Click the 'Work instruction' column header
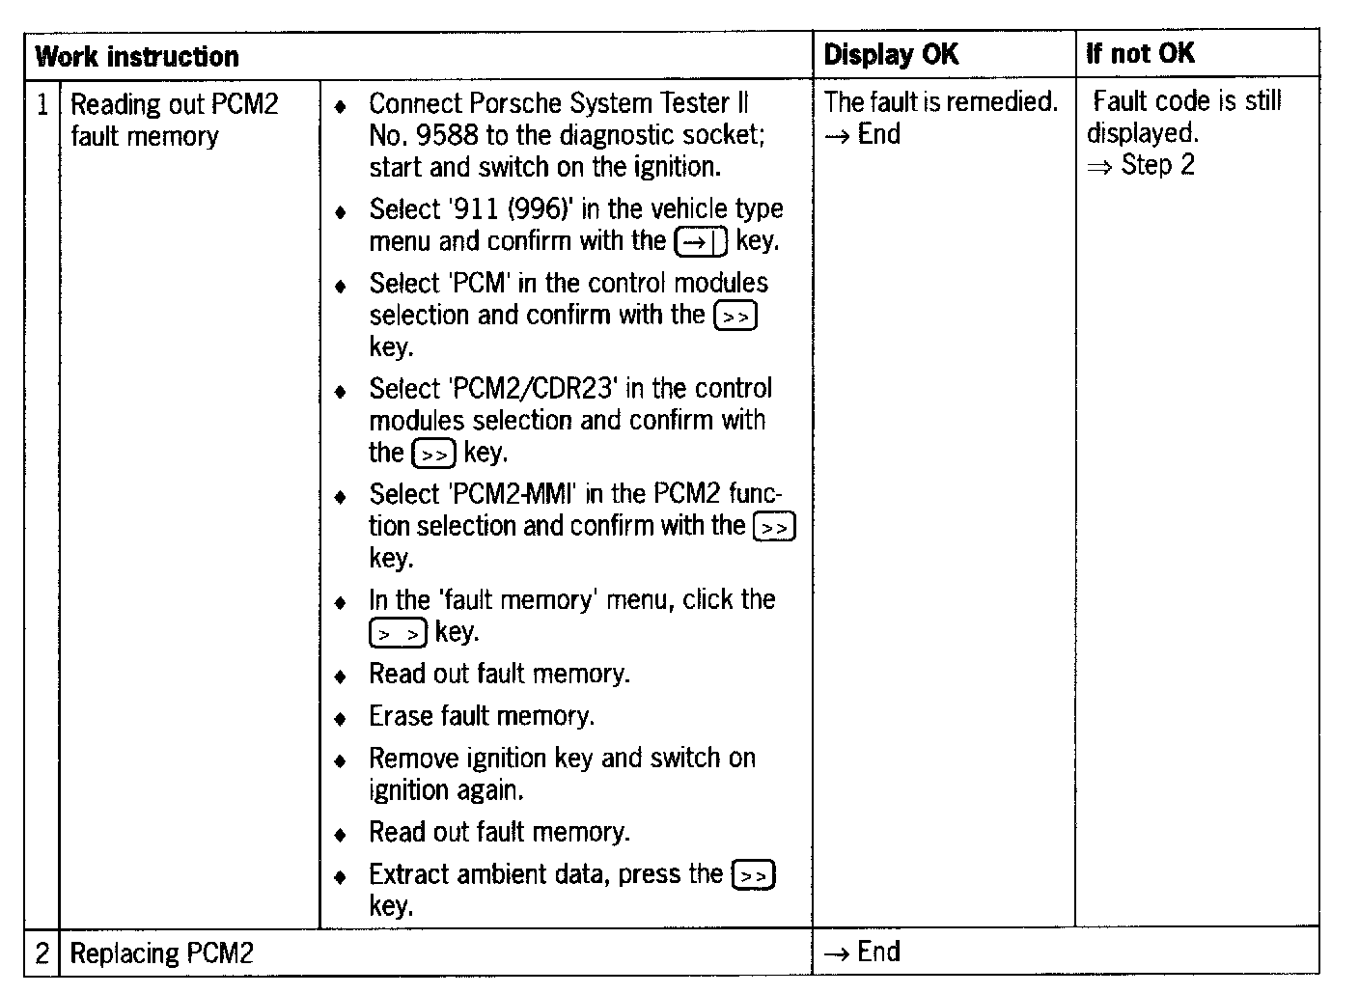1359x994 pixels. click(136, 56)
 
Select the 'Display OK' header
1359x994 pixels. click(891, 54)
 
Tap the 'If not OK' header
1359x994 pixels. click(1140, 53)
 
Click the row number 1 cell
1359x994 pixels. click(42, 103)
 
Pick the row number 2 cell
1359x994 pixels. click(42, 953)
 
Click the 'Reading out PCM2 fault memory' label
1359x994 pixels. click(174, 120)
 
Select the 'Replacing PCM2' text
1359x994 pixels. click(161, 953)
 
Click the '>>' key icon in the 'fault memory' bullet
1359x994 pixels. click(398, 633)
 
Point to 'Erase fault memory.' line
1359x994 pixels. click(482, 716)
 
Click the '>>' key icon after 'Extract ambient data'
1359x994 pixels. click(754, 875)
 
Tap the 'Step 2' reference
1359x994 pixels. click(1157, 165)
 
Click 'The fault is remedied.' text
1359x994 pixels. click(940, 101)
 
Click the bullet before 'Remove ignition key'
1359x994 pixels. click(340, 760)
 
